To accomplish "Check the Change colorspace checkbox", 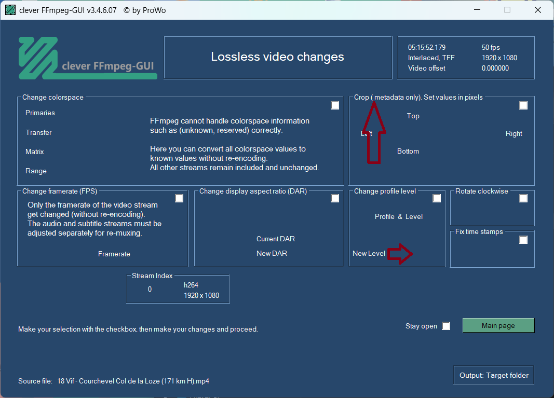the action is coord(335,105).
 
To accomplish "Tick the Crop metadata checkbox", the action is coord(523,105).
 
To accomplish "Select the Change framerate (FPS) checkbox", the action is coord(179,198).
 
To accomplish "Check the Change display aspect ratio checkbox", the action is coord(335,198).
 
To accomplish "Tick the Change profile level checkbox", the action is coord(437,198).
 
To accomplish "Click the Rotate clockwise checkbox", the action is coord(523,198).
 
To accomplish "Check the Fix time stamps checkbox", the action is coord(523,240).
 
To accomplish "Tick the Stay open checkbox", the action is coord(446,326).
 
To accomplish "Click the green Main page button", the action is coord(498,325).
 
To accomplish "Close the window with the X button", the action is coord(538,10).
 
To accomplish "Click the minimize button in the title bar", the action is coord(477,10).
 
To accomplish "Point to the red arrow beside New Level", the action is coord(400,254).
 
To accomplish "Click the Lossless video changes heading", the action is coord(277,57).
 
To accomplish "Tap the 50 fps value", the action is coord(491,47).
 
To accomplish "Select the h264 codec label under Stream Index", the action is coord(191,285).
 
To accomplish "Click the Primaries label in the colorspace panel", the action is coord(40,113).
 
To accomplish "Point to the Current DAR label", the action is coord(276,239).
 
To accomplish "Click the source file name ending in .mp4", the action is coord(133,381).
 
